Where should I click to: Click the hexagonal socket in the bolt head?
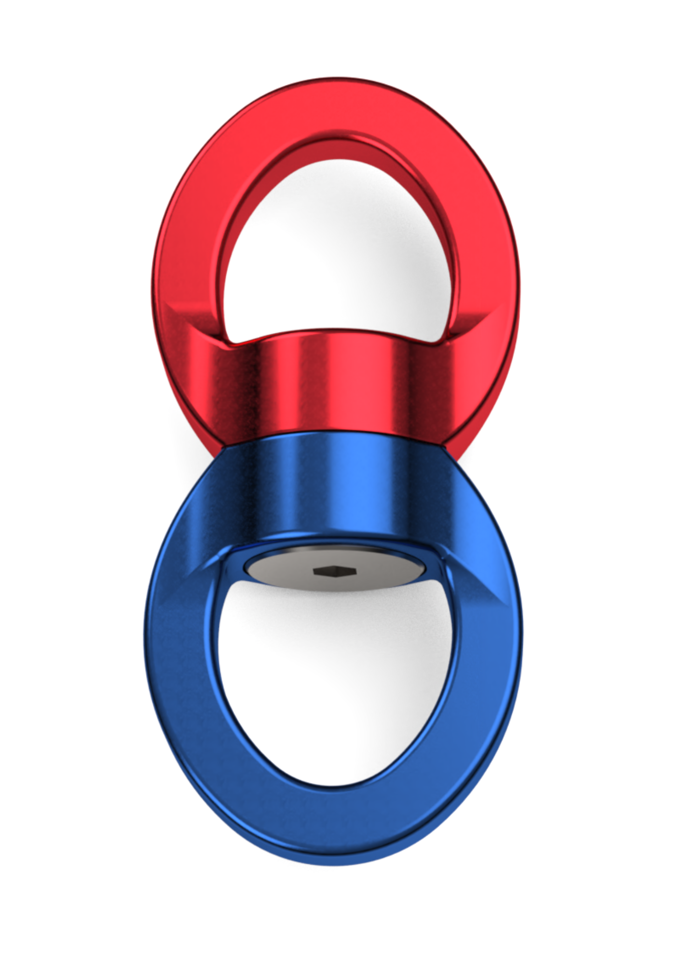[334, 571]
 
